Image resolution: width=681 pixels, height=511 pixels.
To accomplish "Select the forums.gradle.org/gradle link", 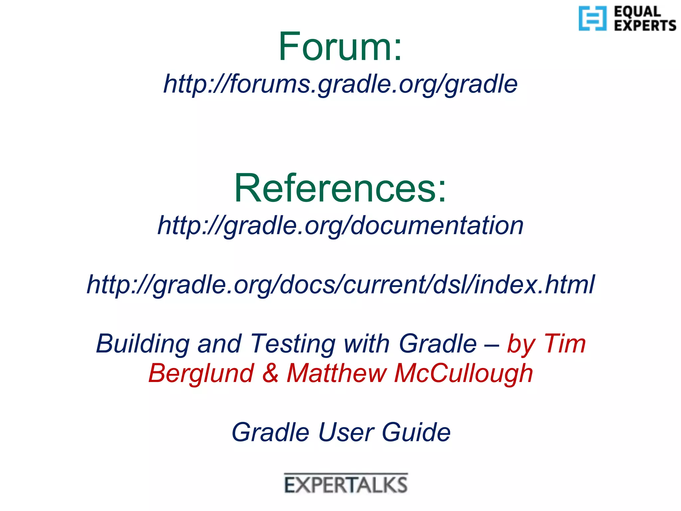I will pyautogui.click(x=340, y=84).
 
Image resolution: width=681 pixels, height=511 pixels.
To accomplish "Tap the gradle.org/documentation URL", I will pyautogui.click(x=340, y=226).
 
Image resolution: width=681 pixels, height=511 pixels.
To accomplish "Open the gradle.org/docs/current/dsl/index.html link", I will pyautogui.click(x=340, y=285).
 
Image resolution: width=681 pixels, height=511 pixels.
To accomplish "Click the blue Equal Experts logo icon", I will pyautogui.click(x=592, y=18).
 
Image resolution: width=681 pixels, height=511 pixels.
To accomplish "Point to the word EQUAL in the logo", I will pyautogui.click(x=637, y=12).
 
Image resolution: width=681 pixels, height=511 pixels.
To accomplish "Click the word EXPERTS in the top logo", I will pyautogui.click(x=645, y=25).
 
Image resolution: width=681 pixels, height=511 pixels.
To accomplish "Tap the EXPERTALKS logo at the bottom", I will pyautogui.click(x=346, y=484).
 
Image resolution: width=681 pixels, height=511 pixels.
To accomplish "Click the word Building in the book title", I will pyautogui.click(x=143, y=344).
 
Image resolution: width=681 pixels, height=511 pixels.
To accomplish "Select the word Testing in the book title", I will pyautogui.click(x=293, y=344).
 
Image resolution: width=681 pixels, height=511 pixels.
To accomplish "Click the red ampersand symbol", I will pyautogui.click(x=270, y=373).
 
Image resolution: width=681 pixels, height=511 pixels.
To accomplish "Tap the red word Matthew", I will pyautogui.click(x=336, y=373).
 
